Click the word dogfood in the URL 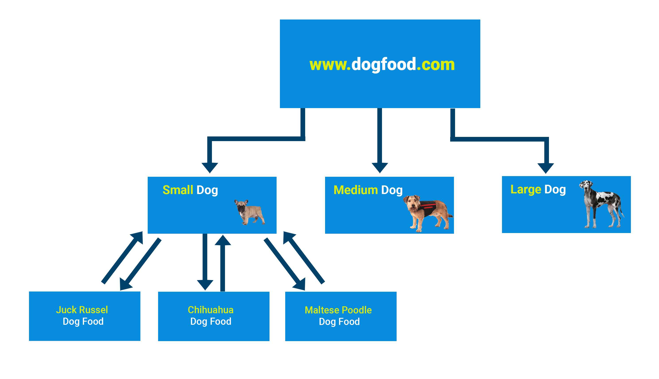click(x=384, y=64)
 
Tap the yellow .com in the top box click(x=436, y=64)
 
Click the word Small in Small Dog click(x=178, y=190)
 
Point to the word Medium click(x=355, y=190)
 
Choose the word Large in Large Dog click(x=525, y=190)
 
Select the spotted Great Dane click(x=601, y=204)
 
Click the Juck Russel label click(x=82, y=310)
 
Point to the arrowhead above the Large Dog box click(x=546, y=168)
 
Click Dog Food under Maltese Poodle click(x=339, y=322)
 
